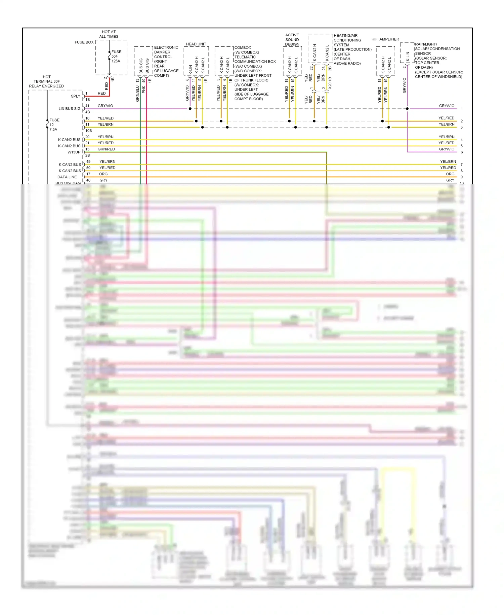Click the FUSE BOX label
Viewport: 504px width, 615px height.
(84, 42)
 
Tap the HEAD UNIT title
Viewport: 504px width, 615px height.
(196, 44)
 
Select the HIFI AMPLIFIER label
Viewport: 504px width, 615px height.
(385, 39)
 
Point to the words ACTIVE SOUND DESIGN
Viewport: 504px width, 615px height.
(292, 40)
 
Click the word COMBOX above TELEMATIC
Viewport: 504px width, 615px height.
(243, 48)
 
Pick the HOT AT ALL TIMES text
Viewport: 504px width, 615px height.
(109, 34)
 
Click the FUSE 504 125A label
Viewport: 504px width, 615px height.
(116, 57)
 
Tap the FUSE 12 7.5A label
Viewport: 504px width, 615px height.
(54, 124)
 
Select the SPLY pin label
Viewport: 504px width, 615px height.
(76, 96)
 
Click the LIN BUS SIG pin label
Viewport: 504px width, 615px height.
(70, 109)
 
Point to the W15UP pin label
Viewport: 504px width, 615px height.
(74, 152)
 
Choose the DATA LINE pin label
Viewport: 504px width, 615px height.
(67, 177)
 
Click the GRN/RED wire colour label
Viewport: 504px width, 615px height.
(106, 149)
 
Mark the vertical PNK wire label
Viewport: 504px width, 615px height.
(144, 89)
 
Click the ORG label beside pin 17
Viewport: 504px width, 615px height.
(103, 174)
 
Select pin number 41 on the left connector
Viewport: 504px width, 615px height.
(87, 106)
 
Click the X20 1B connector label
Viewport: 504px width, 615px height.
(330, 82)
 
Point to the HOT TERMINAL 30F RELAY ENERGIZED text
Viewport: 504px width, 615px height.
(46, 81)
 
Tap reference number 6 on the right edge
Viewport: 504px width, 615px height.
(462, 152)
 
